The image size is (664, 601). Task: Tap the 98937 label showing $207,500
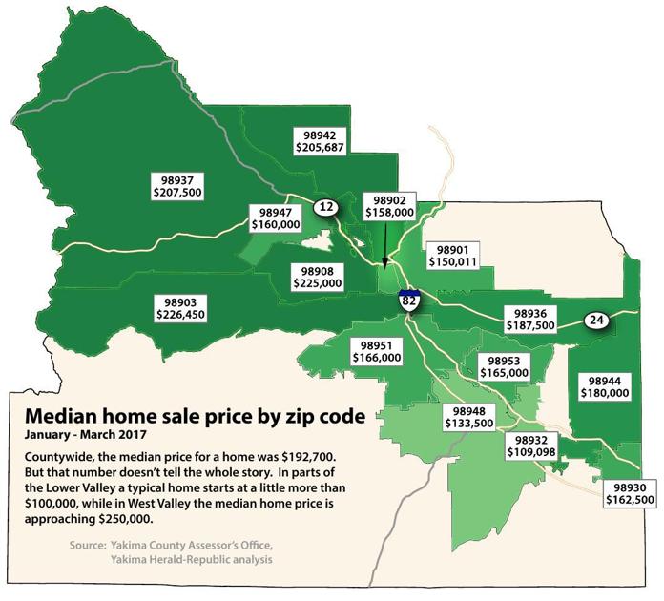178,185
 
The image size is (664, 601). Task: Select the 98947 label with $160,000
275,218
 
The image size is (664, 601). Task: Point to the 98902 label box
389,208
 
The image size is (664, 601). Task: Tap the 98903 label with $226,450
177,307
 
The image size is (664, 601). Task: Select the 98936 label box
529,319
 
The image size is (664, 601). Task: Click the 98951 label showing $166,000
376,351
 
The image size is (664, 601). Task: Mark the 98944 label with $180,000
606,386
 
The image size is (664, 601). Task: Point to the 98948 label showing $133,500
469,416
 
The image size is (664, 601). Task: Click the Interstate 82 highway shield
409,300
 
